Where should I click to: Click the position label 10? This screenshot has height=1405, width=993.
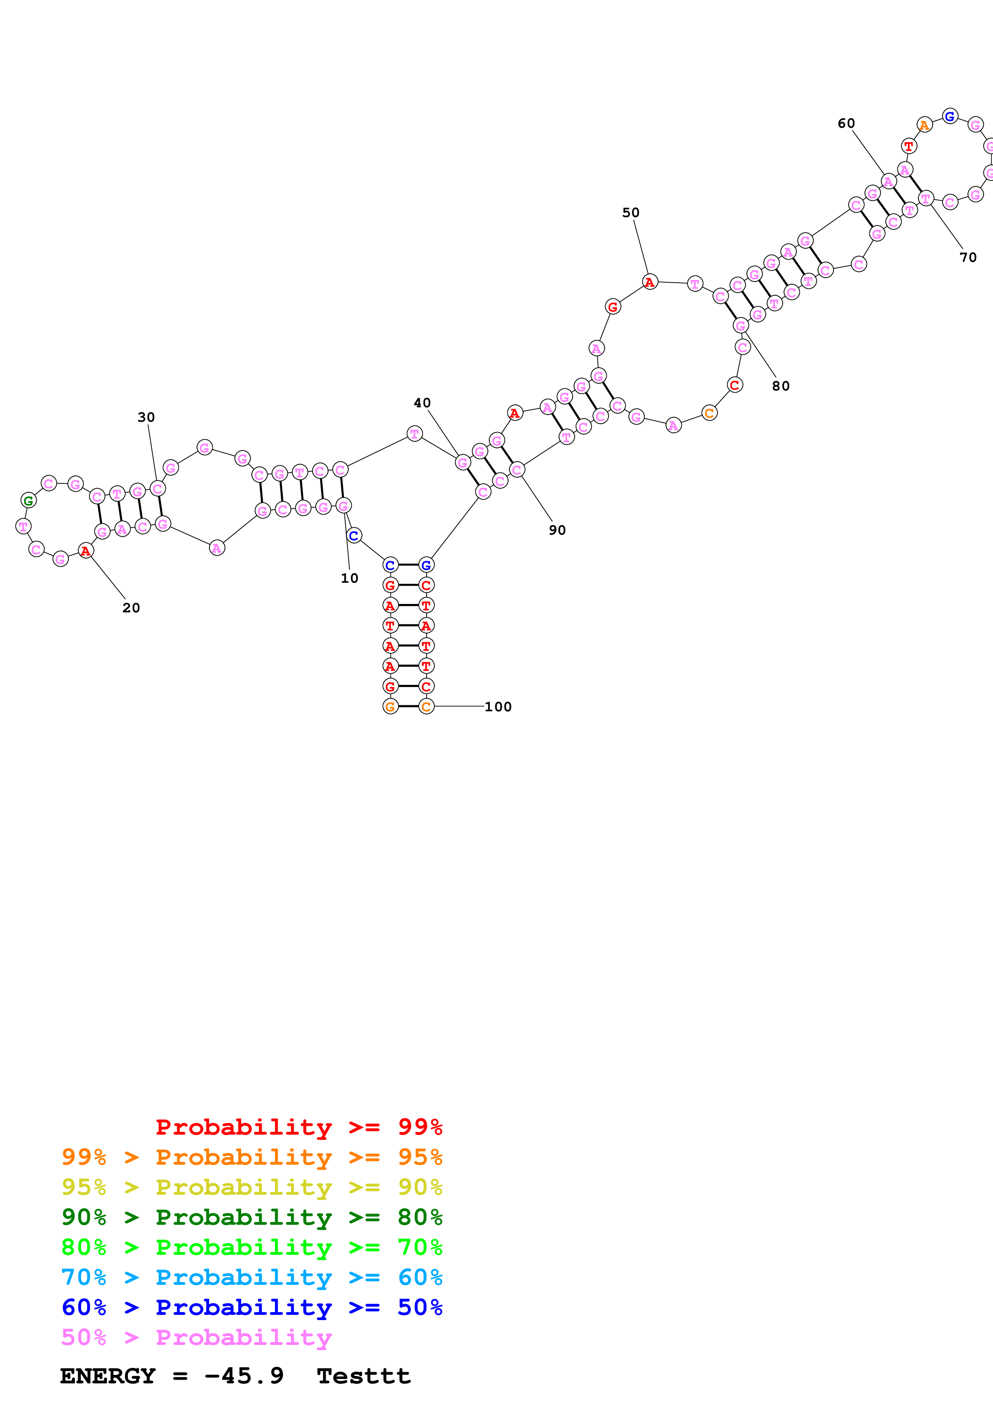[349, 578]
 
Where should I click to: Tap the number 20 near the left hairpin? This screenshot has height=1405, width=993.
[131, 608]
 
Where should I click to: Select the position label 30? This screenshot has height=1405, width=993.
[146, 417]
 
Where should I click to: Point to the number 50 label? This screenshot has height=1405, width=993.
[631, 213]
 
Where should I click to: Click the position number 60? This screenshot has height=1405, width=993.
[846, 124]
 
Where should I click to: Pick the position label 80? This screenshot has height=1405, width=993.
[781, 386]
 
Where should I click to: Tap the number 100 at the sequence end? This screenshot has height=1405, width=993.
[498, 707]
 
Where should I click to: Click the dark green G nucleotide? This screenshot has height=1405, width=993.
[28, 501]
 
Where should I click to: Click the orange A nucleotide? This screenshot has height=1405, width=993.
[924, 125]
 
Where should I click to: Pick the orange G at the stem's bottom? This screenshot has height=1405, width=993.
[390, 707]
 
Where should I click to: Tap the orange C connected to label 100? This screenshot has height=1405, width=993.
[427, 707]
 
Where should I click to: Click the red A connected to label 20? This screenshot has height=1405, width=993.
[86, 551]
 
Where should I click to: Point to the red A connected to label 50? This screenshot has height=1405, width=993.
[650, 282]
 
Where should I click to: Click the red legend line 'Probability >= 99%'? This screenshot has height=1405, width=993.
[298, 1127]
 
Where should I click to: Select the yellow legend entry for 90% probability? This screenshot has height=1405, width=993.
[252, 1187]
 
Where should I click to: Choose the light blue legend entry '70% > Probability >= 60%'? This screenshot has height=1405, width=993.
[252, 1277]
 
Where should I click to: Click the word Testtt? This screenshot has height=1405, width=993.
[363, 1376]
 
